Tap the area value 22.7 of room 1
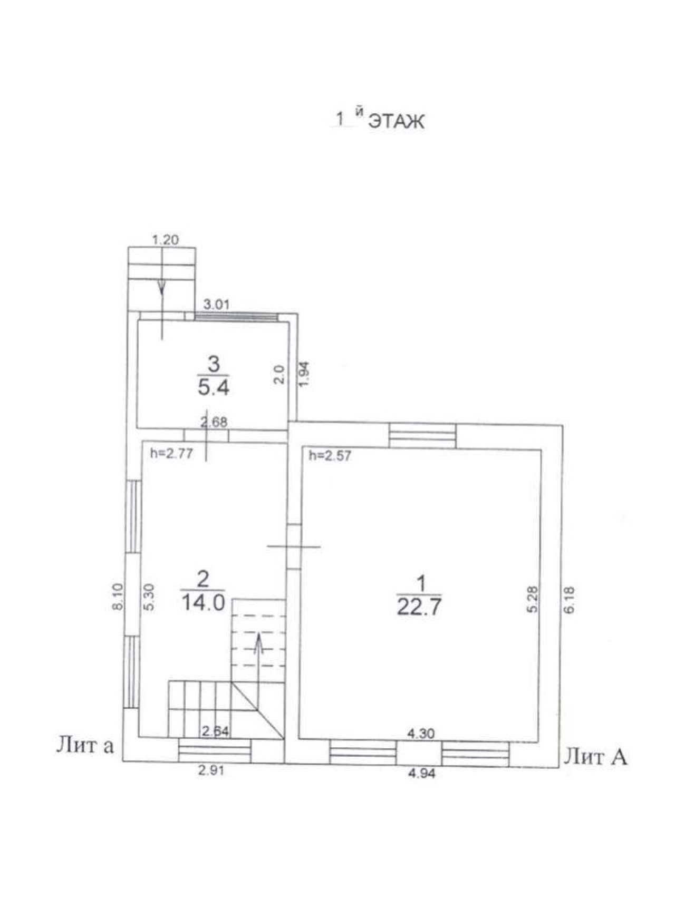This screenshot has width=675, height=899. click(x=419, y=608)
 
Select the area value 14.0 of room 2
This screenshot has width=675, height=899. click(x=203, y=602)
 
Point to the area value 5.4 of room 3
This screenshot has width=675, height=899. click(x=213, y=388)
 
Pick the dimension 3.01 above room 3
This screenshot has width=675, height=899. click(x=216, y=304)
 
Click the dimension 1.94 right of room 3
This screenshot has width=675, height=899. click(x=303, y=375)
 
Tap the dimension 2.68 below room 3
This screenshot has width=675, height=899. click(x=214, y=422)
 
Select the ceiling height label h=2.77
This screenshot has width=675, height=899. click(x=171, y=453)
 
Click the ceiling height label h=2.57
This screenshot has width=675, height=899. click(x=330, y=455)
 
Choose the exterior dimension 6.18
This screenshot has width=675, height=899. click(x=571, y=599)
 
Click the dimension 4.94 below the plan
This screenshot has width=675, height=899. click(x=422, y=774)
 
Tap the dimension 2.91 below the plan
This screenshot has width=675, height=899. click(x=211, y=770)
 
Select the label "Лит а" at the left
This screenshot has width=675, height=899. click(x=85, y=746)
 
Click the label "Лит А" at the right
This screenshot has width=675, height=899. click(x=596, y=757)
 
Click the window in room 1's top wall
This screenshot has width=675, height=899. click(x=422, y=436)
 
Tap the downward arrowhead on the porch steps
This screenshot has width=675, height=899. click(x=161, y=287)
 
